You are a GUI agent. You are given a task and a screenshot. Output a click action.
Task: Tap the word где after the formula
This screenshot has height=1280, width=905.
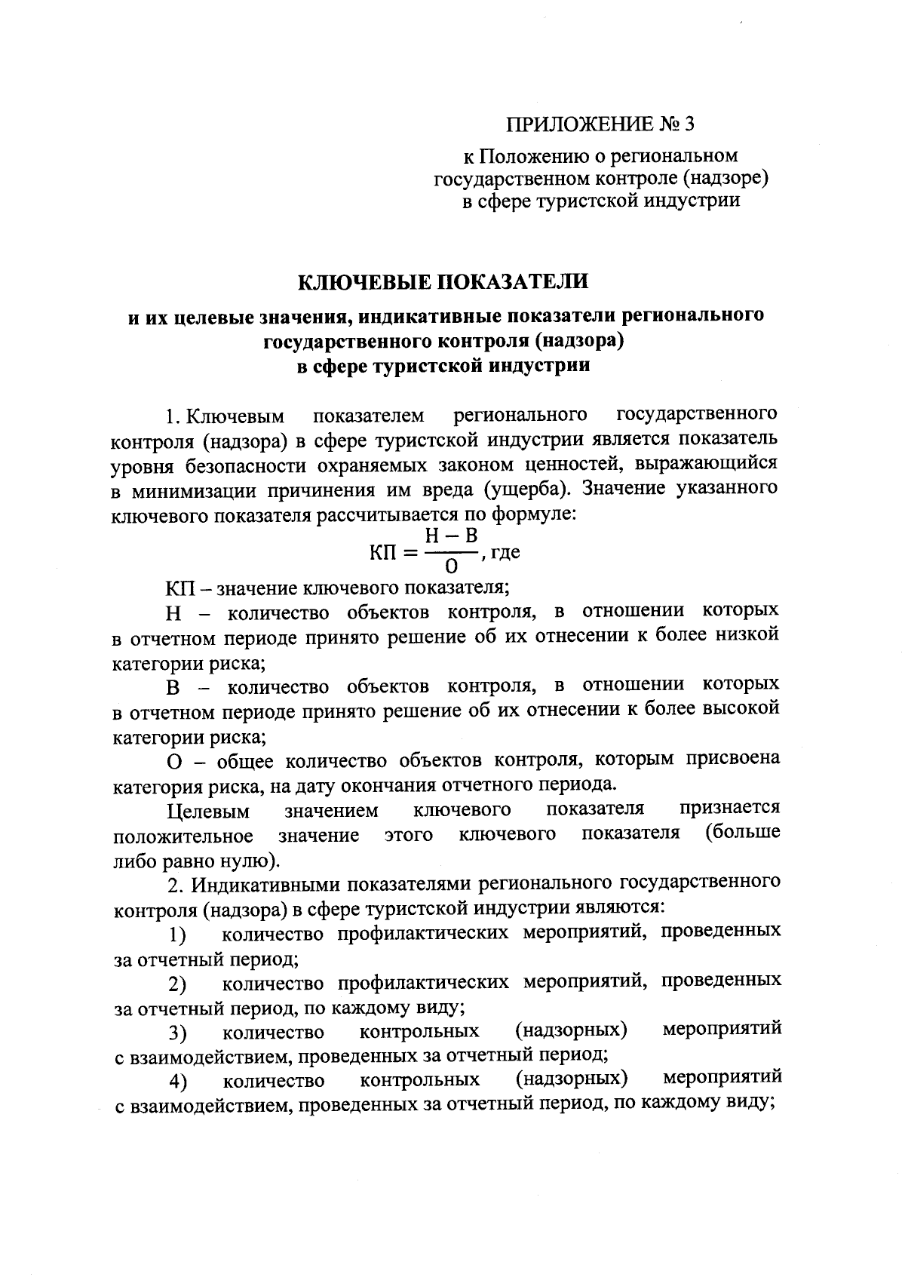click(505, 552)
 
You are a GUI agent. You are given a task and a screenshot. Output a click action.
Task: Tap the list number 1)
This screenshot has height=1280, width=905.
click(177, 936)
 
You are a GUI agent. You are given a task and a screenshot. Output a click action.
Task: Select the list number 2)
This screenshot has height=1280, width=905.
click(177, 984)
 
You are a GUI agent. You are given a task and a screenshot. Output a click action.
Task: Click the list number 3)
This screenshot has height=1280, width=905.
click(177, 1033)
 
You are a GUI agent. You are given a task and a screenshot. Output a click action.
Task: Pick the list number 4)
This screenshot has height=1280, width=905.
click(177, 1082)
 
